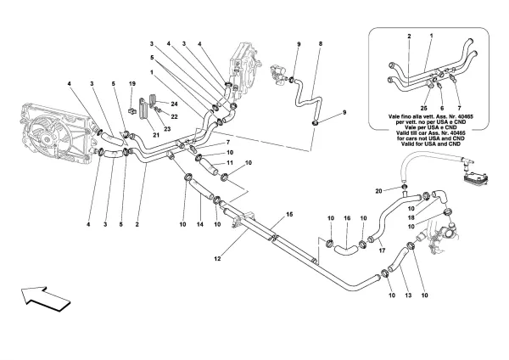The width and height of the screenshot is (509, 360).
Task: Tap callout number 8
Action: [321, 42]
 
